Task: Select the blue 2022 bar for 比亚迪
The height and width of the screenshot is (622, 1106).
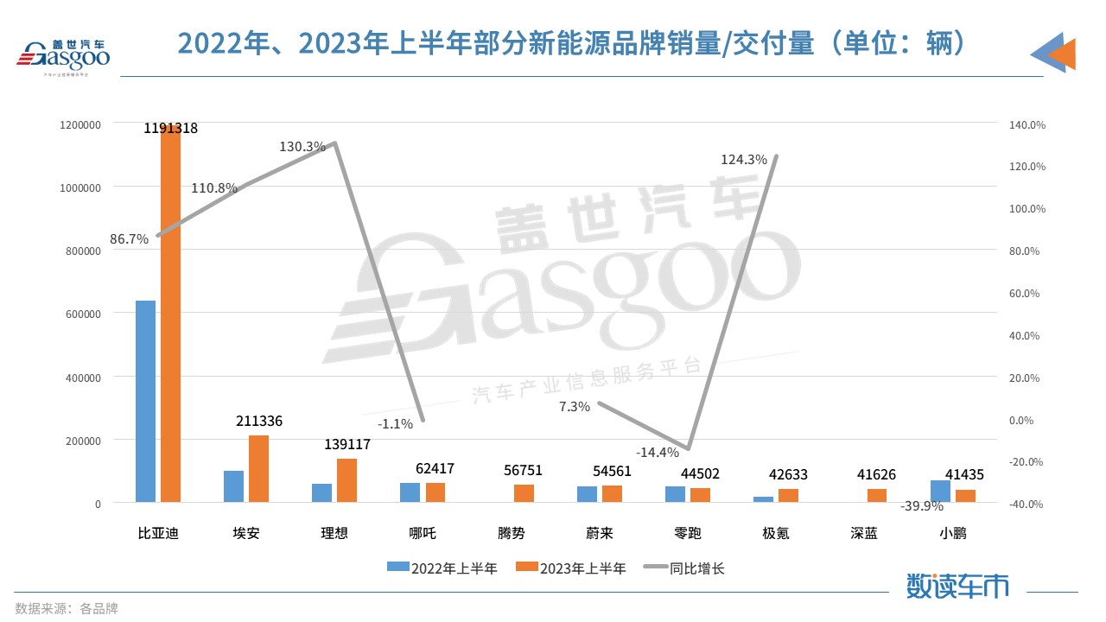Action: click(145, 401)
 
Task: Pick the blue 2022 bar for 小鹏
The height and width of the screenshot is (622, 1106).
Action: click(940, 491)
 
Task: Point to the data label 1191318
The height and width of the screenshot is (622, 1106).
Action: click(171, 128)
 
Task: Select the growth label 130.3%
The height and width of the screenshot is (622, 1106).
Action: click(302, 147)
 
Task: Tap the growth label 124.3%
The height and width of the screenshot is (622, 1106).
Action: click(744, 159)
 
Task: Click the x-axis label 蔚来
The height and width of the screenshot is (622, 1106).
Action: click(599, 533)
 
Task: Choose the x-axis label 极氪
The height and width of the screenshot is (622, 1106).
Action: click(775, 533)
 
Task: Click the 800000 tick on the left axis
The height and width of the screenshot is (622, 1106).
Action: click(80, 251)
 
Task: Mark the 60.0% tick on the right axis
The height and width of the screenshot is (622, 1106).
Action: click(1027, 294)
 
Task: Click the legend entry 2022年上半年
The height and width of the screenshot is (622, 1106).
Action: click(443, 568)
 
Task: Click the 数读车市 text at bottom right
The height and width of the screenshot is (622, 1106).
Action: click(957, 586)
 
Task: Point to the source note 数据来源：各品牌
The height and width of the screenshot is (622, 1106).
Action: click(67, 608)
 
